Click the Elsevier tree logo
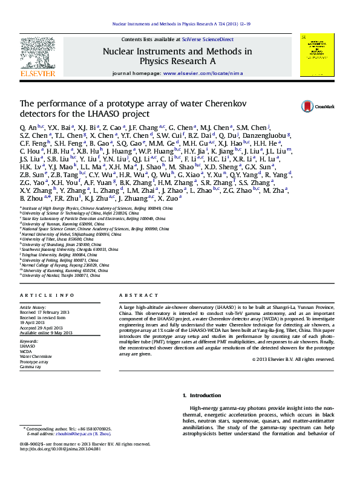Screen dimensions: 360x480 pyautogui.click(x=38, y=54)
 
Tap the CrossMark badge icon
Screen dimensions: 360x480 pyautogui.click(x=309, y=106)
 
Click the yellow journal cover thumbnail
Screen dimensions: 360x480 pyautogui.click(x=316, y=55)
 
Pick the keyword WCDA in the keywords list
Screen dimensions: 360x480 pyautogui.click(x=26, y=351)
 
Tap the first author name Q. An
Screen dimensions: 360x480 pyautogui.click(x=28, y=129)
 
